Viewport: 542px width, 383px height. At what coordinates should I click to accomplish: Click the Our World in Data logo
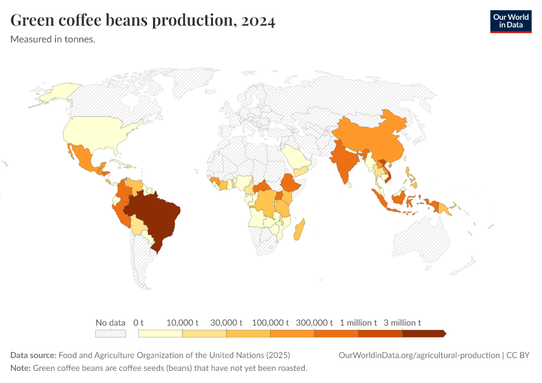(510, 21)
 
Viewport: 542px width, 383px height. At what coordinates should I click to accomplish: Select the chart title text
(143, 21)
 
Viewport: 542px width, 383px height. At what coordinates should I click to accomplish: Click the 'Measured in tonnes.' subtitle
(53, 40)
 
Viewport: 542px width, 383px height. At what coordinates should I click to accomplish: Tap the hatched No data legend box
(110, 333)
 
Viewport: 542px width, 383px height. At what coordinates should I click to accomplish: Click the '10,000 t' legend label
(182, 322)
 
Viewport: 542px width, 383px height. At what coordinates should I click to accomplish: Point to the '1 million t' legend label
(358, 322)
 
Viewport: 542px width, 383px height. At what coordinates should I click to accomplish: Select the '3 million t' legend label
(402, 322)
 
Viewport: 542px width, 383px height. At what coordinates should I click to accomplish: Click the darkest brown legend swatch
(423, 333)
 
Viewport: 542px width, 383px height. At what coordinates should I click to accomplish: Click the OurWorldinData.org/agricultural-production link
(419, 355)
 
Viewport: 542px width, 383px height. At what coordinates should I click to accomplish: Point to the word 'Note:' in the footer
(20, 368)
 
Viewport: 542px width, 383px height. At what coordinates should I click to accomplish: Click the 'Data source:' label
(33, 355)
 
